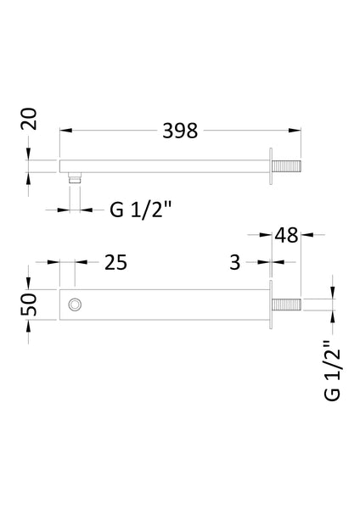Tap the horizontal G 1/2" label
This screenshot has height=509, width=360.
(x=140, y=207)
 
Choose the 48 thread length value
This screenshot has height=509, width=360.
(x=287, y=235)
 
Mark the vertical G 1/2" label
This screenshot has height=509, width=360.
(x=333, y=369)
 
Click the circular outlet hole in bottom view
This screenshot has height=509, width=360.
(x=76, y=304)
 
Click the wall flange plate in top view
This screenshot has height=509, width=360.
(x=271, y=165)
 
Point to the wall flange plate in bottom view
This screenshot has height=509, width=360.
(x=271, y=304)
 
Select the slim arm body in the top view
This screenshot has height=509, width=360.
(x=161, y=165)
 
